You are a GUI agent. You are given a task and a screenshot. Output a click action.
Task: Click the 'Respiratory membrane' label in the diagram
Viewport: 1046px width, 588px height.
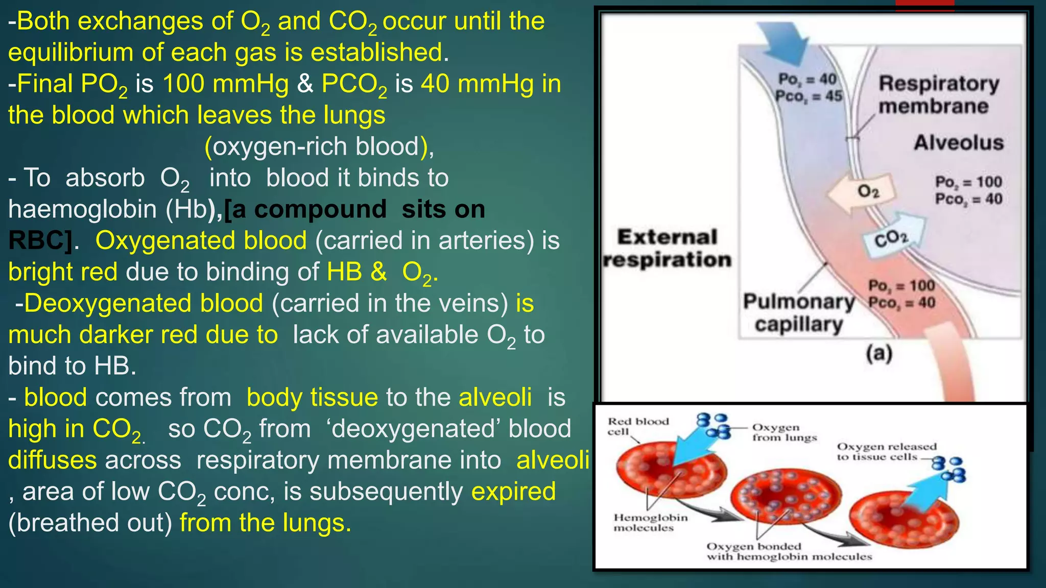point(939,95)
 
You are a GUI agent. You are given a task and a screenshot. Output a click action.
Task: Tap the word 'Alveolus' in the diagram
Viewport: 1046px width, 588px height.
point(959,142)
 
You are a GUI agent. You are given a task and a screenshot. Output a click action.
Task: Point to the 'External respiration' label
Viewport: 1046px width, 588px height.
point(667,249)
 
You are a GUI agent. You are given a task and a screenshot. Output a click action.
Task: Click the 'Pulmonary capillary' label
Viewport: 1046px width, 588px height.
point(799,313)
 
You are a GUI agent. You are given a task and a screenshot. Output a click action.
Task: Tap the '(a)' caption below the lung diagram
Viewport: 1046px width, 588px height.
point(879,353)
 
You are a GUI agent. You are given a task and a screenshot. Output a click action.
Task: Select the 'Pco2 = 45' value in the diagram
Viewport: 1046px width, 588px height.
point(809,96)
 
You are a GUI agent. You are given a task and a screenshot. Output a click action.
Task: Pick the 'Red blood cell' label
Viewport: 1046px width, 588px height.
point(638,426)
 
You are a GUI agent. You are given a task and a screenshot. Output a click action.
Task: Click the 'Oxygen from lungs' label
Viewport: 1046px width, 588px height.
point(784,432)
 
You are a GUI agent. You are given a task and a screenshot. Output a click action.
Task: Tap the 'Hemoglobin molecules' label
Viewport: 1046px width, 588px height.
point(650,523)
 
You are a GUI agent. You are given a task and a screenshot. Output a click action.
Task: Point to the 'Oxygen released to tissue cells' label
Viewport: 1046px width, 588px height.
point(886,452)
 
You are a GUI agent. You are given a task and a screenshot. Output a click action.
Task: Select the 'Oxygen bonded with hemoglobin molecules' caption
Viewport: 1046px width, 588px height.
point(789,552)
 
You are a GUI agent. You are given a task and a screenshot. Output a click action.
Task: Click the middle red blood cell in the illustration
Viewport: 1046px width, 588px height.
point(785,496)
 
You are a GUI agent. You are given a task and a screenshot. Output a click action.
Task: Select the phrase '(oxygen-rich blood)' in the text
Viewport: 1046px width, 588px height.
point(319,147)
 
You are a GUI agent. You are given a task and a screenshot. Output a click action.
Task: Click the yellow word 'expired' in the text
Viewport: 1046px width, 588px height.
point(513,492)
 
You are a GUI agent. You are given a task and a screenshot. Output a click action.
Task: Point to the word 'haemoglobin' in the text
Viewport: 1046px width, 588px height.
point(82,209)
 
